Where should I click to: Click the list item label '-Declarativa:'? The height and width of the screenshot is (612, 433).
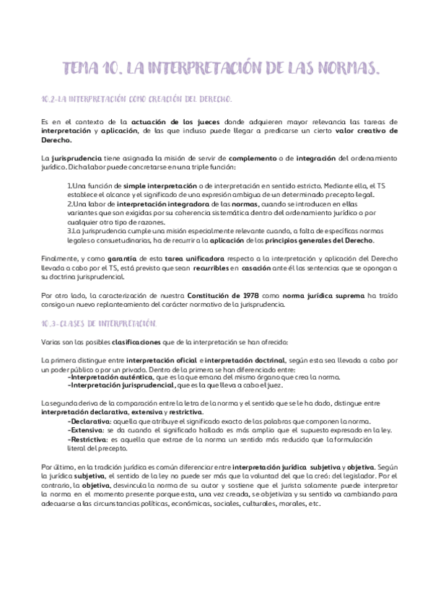[x=89, y=420]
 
